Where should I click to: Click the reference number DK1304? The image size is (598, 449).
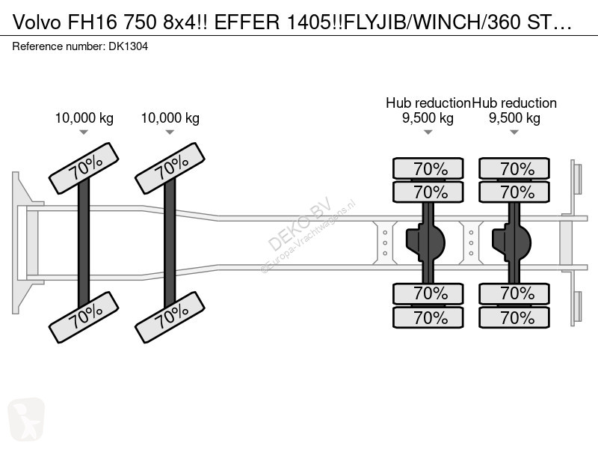[x=128, y=46]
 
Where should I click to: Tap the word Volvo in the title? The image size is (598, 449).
[x=37, y=22]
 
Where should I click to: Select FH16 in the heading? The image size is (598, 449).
[x=92, y=22]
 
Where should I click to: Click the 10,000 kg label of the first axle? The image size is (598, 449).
[x=84, y=118]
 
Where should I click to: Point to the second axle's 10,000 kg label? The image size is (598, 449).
[x=170, y=118]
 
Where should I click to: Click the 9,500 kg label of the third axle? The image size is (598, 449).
[x=428, y=118]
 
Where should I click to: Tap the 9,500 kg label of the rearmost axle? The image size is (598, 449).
[x=514, y=118]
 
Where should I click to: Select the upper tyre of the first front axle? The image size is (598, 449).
[x=84, y=168]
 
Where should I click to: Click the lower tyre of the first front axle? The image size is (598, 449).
[x=84, y=317]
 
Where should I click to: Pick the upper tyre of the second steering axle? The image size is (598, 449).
[x=170, y=168]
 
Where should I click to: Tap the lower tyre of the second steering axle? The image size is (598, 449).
[x=170, y=317]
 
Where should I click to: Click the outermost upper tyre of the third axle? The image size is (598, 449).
[x=428, y=168]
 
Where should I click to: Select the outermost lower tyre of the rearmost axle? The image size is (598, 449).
[x=514, y=317]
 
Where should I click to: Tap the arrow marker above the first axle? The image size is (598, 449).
[x=84, y=132]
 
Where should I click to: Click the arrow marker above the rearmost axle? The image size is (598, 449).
[x=514, y=132]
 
